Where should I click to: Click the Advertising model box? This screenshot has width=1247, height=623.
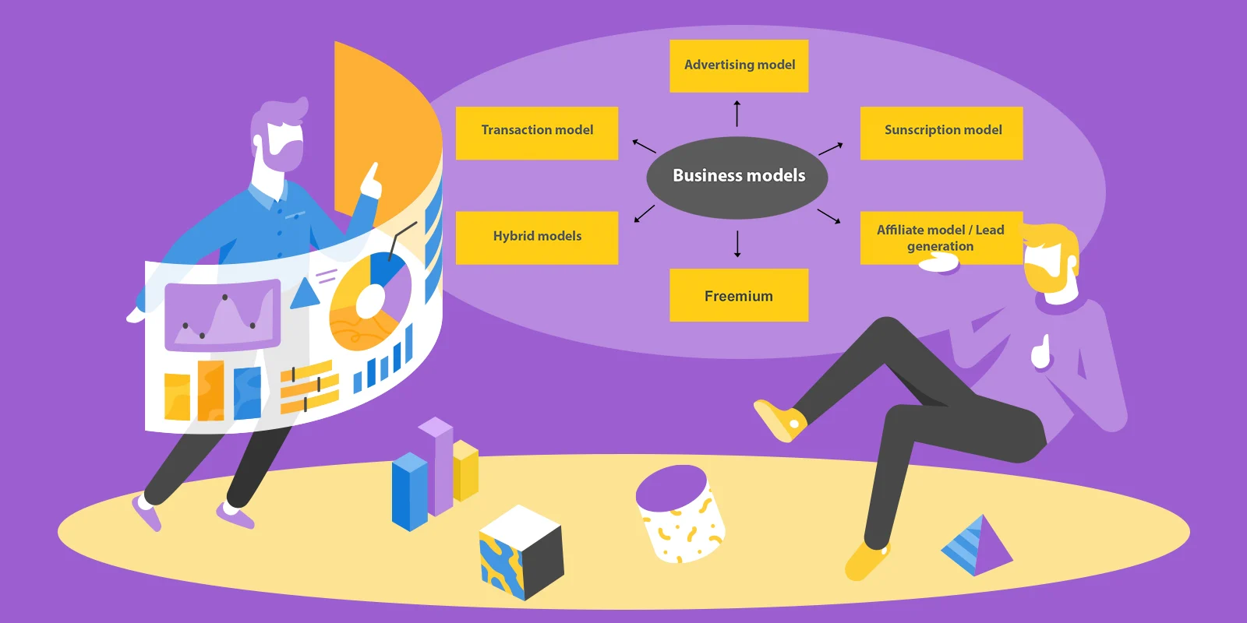739,65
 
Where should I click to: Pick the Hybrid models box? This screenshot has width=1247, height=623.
537,238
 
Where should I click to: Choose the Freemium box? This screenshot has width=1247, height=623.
739,295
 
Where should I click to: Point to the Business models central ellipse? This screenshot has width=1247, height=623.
737,177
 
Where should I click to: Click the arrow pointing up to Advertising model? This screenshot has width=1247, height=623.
737,113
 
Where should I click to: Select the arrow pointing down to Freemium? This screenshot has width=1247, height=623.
737,244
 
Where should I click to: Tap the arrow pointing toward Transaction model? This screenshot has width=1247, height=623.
644,146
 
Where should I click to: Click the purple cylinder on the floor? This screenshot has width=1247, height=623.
680,512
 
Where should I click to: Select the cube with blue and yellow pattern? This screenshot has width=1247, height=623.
521,552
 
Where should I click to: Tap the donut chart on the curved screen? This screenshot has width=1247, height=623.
369,301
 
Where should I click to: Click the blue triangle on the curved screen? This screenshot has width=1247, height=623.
305,294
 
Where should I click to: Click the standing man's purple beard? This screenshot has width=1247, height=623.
283,155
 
